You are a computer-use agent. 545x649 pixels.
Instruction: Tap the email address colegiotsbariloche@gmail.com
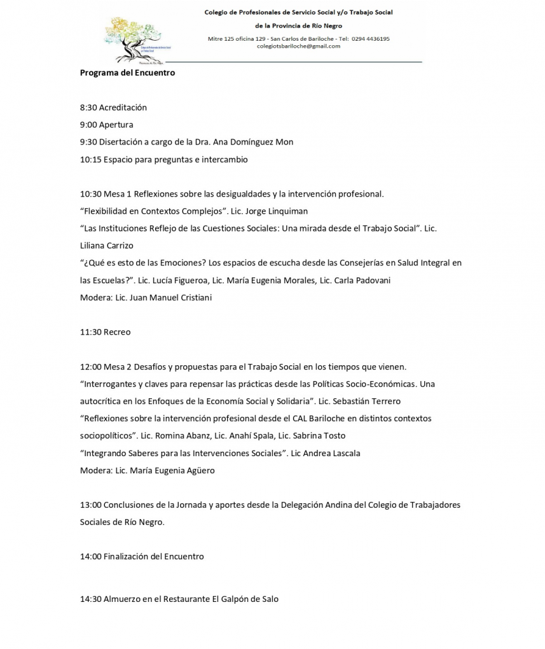pos(298,46)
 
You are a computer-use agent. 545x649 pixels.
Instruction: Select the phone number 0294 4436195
pos(370,38)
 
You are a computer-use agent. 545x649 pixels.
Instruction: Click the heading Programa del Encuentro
pos(127,73)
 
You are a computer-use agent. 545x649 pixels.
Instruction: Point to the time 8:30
pos(88,108)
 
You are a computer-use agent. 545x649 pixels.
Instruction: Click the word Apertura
pos(116,125)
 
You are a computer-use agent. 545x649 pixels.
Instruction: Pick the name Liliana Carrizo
pos(107,246)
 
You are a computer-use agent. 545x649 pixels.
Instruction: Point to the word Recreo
pos(117,332)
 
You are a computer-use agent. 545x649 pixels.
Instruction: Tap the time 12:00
pos(90,367)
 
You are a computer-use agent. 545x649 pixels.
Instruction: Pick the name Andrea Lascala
pos(334,453)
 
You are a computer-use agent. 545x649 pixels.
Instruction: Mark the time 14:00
pos(90,557)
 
